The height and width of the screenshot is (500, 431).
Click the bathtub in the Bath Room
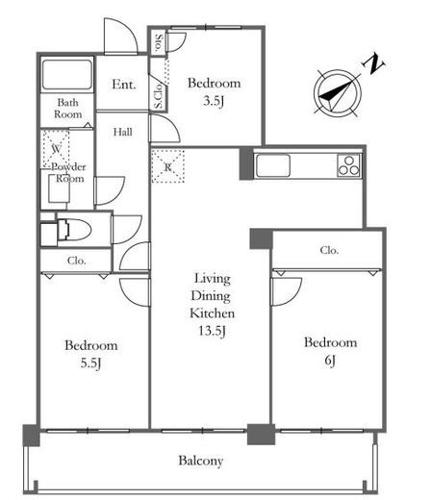(x=67, y=74)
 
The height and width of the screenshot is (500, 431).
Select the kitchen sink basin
(x=273, y=165)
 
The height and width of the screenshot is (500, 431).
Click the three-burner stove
(x=349, y=165)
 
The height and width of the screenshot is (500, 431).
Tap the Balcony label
(x=201, y=461)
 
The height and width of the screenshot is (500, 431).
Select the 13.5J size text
(x=212, y=331)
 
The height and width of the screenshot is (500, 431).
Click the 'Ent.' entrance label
(x=124, y=85)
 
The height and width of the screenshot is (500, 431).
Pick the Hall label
(x=122, y=132)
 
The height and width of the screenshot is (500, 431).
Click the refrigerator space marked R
(x=168, y=165)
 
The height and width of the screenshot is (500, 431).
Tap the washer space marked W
(x=56, y=149)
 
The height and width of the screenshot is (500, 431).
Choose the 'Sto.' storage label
(x=159, y=42)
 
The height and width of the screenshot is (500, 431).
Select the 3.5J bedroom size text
(x=214, y=101)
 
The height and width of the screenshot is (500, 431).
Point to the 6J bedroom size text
(x=330, y=361)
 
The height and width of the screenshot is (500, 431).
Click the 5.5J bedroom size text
(x=90, y=363)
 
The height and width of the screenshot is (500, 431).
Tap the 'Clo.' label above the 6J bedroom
(x=329, y=250)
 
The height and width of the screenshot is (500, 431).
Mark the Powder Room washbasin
(x=60, y=188)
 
